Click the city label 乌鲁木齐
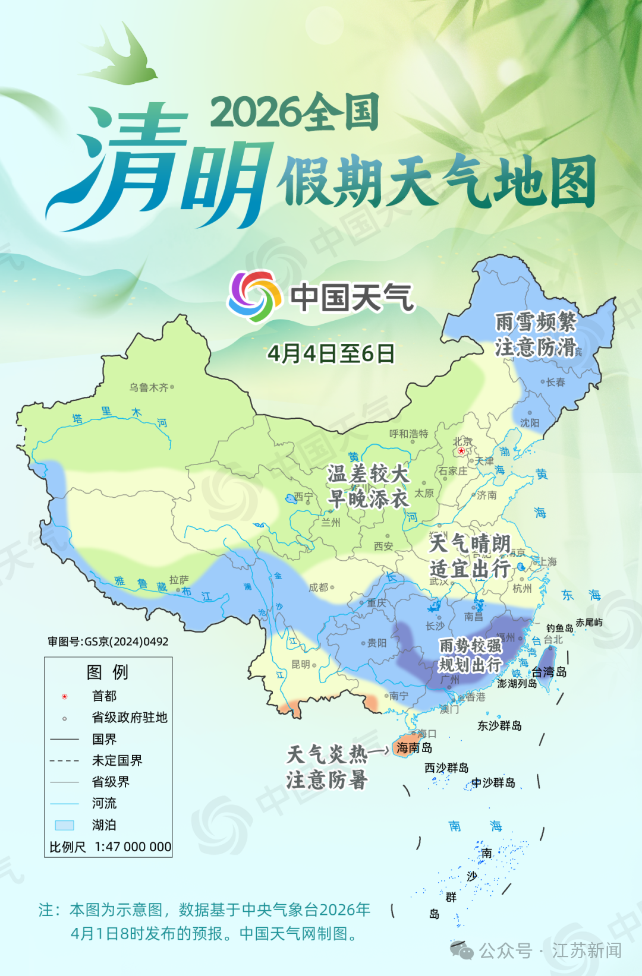click(149, 387)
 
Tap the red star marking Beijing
click(461, 451)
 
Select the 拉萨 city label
click(178, 579)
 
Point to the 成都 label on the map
click(319, 587)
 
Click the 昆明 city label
click(301, 664)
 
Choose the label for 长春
click(556, 382)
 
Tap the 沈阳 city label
click(530, 422)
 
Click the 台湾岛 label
click(549, 672)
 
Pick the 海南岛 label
click(414, 747)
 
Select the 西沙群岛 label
click(446, 767)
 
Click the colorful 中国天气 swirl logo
click(255, 296)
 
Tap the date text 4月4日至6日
click(331, 353)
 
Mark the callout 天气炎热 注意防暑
click(328, 767)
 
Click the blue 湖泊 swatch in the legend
click(64, 825)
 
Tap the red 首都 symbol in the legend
click(65, 696)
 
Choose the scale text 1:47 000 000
click(133, 847)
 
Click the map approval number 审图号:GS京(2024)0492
click(108, 642)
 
